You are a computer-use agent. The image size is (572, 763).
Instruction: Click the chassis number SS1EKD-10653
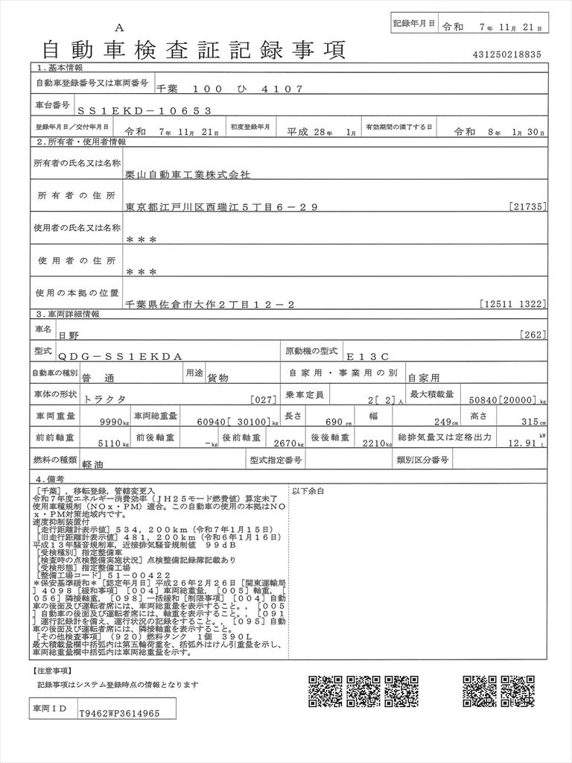pyautogui.click(x=144, y=110)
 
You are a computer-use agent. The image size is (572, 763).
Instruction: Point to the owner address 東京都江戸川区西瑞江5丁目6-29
pyautogui.click(x=221, y=206)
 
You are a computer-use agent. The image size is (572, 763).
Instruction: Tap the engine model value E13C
pyautogui.click(x=396, y=358)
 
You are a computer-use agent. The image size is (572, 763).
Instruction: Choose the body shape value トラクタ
pyautogui.click(x=106, y=399)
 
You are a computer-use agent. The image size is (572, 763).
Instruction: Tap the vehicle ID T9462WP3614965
pyautogui.click(x=119, y=713)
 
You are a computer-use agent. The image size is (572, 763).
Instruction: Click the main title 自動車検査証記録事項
pyautogui.click(x=193, y=50)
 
